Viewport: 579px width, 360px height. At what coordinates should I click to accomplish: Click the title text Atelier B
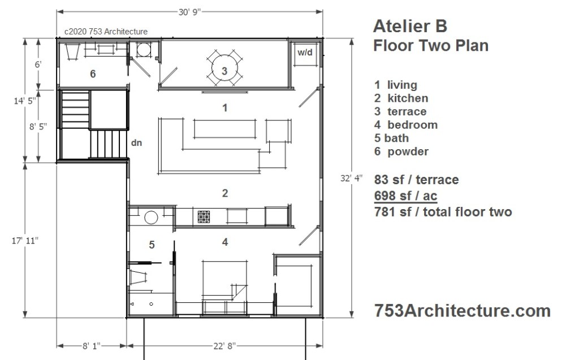click(x=410, y=26)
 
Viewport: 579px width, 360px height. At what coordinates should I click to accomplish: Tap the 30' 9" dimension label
click(x=189, y=12)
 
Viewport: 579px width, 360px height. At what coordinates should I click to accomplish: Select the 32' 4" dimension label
click(x=352, y=179)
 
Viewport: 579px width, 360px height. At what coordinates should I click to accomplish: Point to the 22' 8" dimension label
click(x=224, y=346)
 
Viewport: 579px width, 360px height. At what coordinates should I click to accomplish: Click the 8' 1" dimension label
click(x=91, y=346)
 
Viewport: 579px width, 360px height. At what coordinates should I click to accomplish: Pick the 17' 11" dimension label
click(x=25, y=241)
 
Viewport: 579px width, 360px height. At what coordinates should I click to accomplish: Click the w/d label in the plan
click(x=305, y=53)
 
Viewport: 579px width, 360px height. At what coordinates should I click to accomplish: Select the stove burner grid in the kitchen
click(x=204, y=217)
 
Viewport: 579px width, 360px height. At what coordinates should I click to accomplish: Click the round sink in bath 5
click(x=151, y=218)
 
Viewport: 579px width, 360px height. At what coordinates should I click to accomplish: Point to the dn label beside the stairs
click(x=137, y=142)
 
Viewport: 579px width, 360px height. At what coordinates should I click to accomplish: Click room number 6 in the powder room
click(x=93, y=74)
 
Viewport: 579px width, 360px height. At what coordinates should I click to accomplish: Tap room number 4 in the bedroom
click(x=225, y=242)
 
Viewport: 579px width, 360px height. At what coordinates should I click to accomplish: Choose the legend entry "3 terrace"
click(x=400, y=111)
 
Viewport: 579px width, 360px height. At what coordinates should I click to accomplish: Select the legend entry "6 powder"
click(x=401, y=151)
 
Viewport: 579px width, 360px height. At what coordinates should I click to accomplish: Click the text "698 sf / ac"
click(x=405, y=196)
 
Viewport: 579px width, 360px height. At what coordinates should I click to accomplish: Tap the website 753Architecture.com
click(x=463, y=311)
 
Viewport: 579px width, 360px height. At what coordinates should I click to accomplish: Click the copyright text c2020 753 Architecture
click(x=106, y=32)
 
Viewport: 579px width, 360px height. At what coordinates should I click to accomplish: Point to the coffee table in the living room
click(x=224, y=129)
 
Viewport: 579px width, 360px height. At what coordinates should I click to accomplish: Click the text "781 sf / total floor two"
click(x=443, y=212)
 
